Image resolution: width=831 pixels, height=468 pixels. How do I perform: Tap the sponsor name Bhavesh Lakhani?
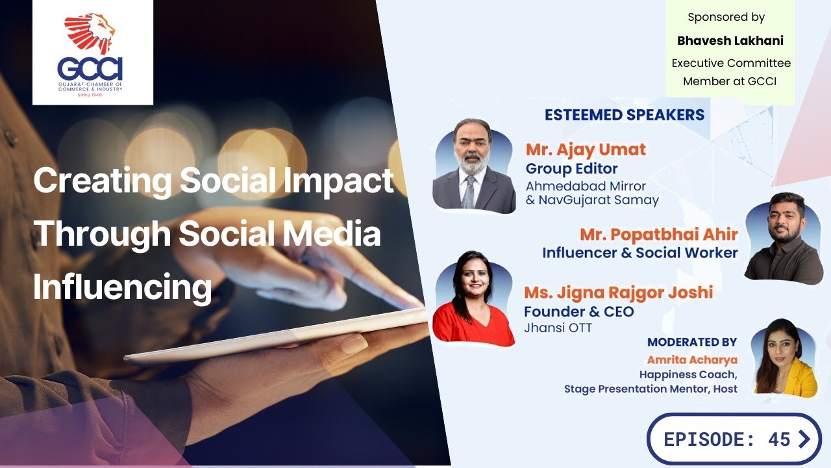click(x=730, y=40)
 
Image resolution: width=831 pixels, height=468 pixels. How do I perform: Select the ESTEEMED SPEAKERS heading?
click(x=624, y=115)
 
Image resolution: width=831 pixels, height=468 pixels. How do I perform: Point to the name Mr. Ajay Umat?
click(x=586, y=149)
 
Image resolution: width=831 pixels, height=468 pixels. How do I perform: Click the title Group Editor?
click(x=571, y=169)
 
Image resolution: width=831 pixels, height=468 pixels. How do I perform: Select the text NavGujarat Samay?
click(x=599, y=200)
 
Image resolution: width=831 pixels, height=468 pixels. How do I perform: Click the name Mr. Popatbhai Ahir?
click(x=658, y=234)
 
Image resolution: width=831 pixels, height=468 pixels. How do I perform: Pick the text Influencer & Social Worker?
click(x=640, y=253)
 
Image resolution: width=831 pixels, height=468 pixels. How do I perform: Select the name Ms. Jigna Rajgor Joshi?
click(x=618, y=292)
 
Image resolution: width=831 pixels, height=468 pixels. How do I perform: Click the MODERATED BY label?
click(x=692, y=342)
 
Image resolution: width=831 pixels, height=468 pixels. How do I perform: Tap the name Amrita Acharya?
click(x=692, y=359)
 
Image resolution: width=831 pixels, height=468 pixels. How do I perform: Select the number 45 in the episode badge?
click(x=778, y=439)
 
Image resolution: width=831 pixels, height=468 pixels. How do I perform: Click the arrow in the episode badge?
click(x=804, y=439)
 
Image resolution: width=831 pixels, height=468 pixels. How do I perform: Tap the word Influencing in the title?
click(x=123, y=287)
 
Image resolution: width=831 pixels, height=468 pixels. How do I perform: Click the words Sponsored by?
click(x=726, y=18)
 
